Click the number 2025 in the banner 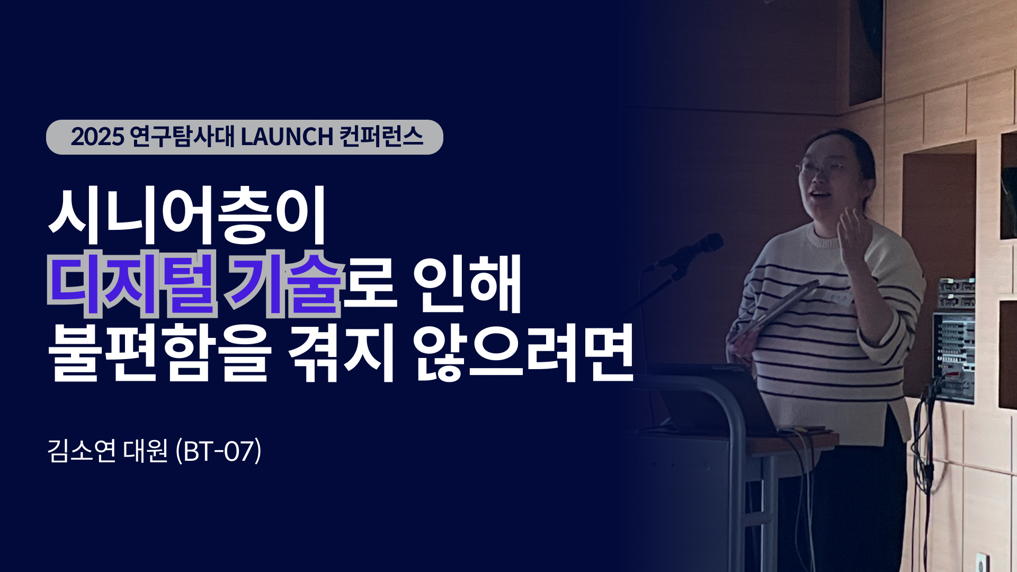pyautogui.click(x=97, y=137)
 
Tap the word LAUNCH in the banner pyautogui.click(x=287, y=137)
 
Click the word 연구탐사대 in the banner pyautogui.click(x=182, y=137)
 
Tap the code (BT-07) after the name pyautogui.click(x=218, y=451)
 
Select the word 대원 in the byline pyautogui.click(x=145, y=451)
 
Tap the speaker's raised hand pyautogui.click(x=853, y=233)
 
